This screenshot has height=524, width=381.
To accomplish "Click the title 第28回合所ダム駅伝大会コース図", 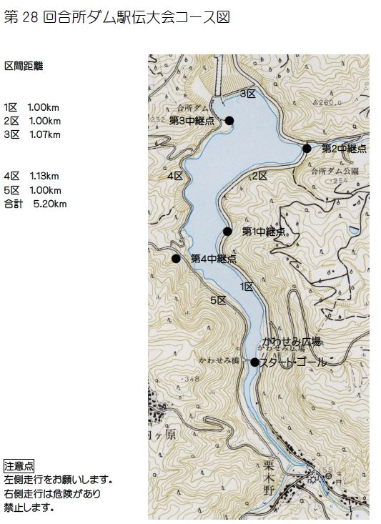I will (x=117, y=17).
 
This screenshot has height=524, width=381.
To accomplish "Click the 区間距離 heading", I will (x=24, y=66).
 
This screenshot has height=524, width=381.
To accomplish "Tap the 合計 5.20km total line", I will (x=35, y=204).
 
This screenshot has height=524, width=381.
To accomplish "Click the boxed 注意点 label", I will (x=19, y=465).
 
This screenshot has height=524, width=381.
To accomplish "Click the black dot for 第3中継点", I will (x=229, y=120).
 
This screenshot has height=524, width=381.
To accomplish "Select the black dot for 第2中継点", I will (x=307, y=148).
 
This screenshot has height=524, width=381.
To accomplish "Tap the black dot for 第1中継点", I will (x=227, y=231).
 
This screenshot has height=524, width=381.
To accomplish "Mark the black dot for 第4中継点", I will (x=176, y=258).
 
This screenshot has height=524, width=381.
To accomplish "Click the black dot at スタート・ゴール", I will (x=254, y=362).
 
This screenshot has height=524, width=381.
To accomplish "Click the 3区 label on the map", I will (x=247, y=94).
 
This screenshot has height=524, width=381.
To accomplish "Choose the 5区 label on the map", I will (x=218, y=300).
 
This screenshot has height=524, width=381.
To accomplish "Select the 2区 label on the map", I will (x=259, y=175).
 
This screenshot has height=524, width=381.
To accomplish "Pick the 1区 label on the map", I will (x=247, y=286).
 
